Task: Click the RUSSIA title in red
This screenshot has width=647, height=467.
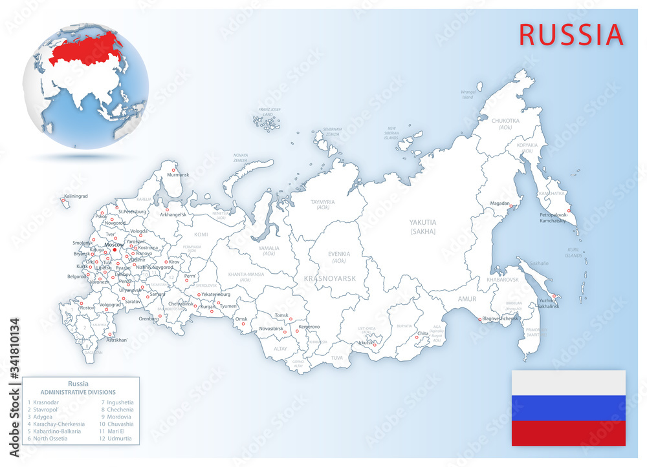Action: pyautogui.click(x=571, y=34)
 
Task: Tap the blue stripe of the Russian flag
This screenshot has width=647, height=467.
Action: pyautogui.click(x=568, y=408)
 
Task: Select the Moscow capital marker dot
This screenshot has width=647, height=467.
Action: pyautogui.click(x=115, y=250)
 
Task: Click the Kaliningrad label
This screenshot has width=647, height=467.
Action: pyautogui.click(x=76, y=196)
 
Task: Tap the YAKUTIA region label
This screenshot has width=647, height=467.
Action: pyautogui.click(x=422, y=222)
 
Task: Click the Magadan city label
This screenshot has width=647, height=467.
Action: pyautogui.click(x=499, y=203)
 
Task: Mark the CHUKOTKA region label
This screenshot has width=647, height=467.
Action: pyautogui.click(x=505, y=121)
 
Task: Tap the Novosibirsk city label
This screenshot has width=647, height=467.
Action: pyautogui.click(x=271, y=328)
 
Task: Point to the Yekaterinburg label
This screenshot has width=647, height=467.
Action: pyautogui.click(x=215, y=294)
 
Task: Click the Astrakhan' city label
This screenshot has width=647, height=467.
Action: pyautogui.click(x=118, y=340)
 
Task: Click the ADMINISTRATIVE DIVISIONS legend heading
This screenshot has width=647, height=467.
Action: pyautogui.click(x=78, y=392)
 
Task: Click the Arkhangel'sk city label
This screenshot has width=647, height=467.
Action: pyautogui.click(x=169, y=214)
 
